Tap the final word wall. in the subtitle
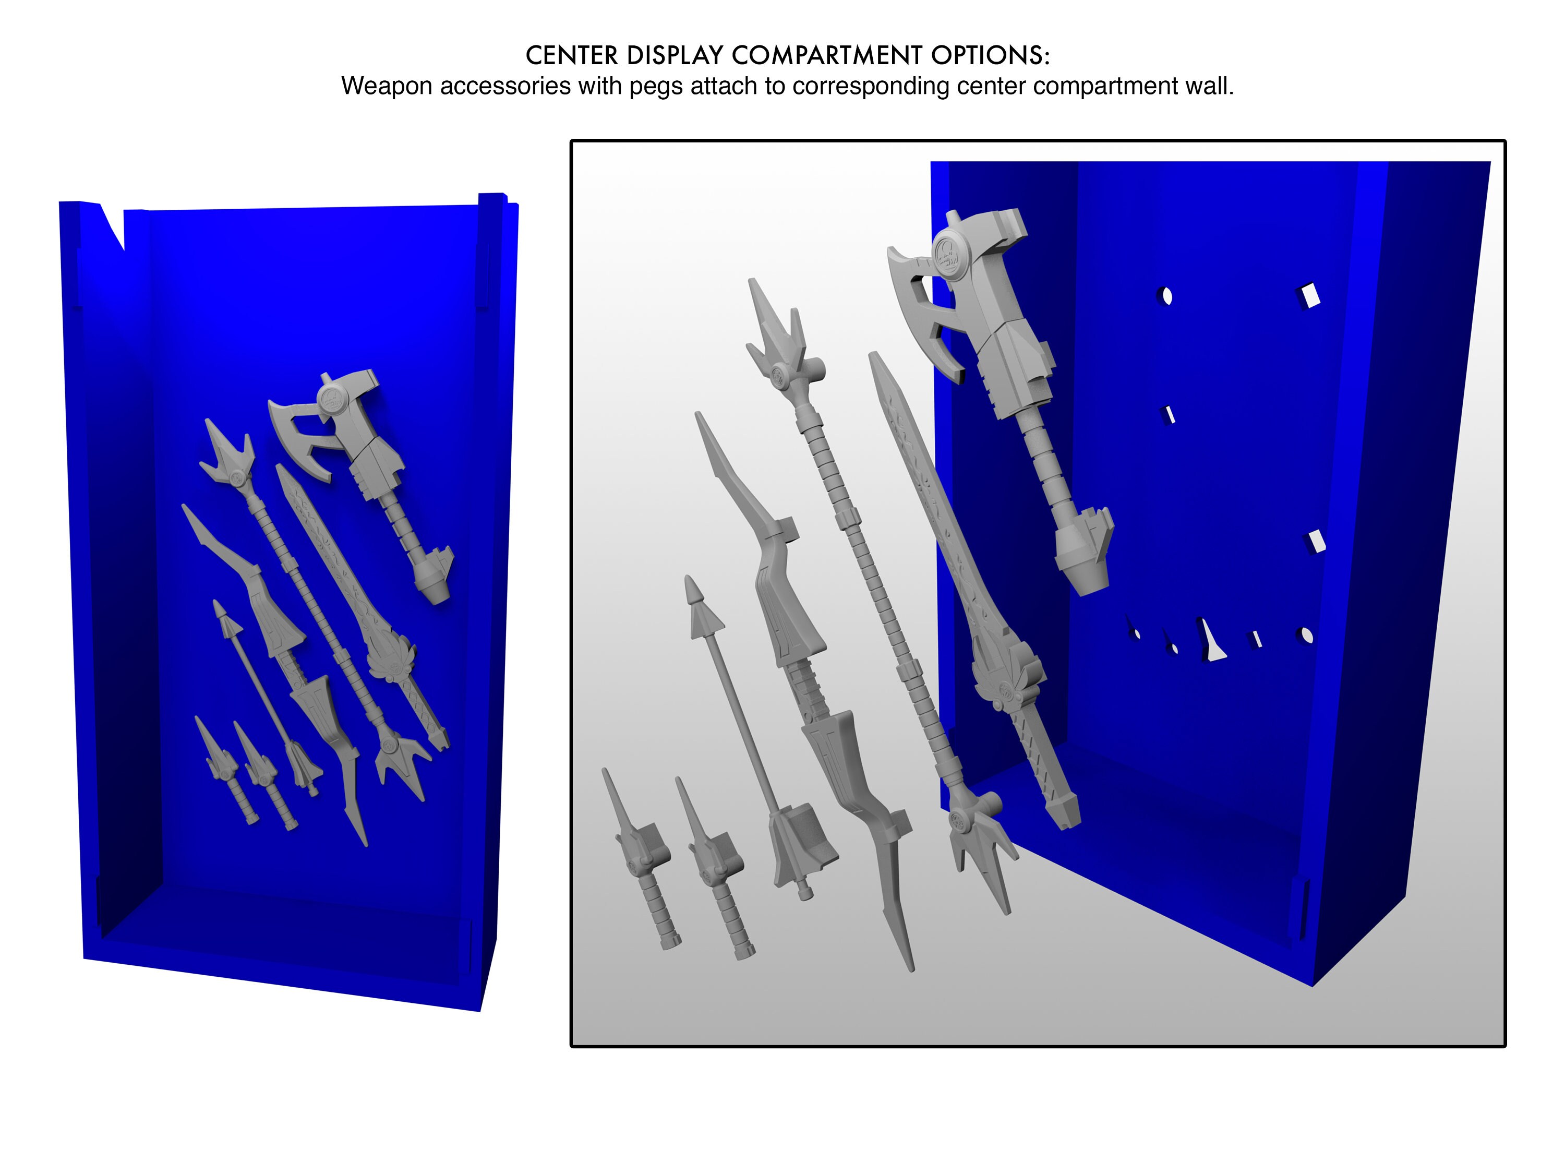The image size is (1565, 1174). click(1211, 86)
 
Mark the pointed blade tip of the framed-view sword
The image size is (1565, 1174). click(877, 361)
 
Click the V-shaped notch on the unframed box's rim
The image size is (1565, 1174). click(113, 225)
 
